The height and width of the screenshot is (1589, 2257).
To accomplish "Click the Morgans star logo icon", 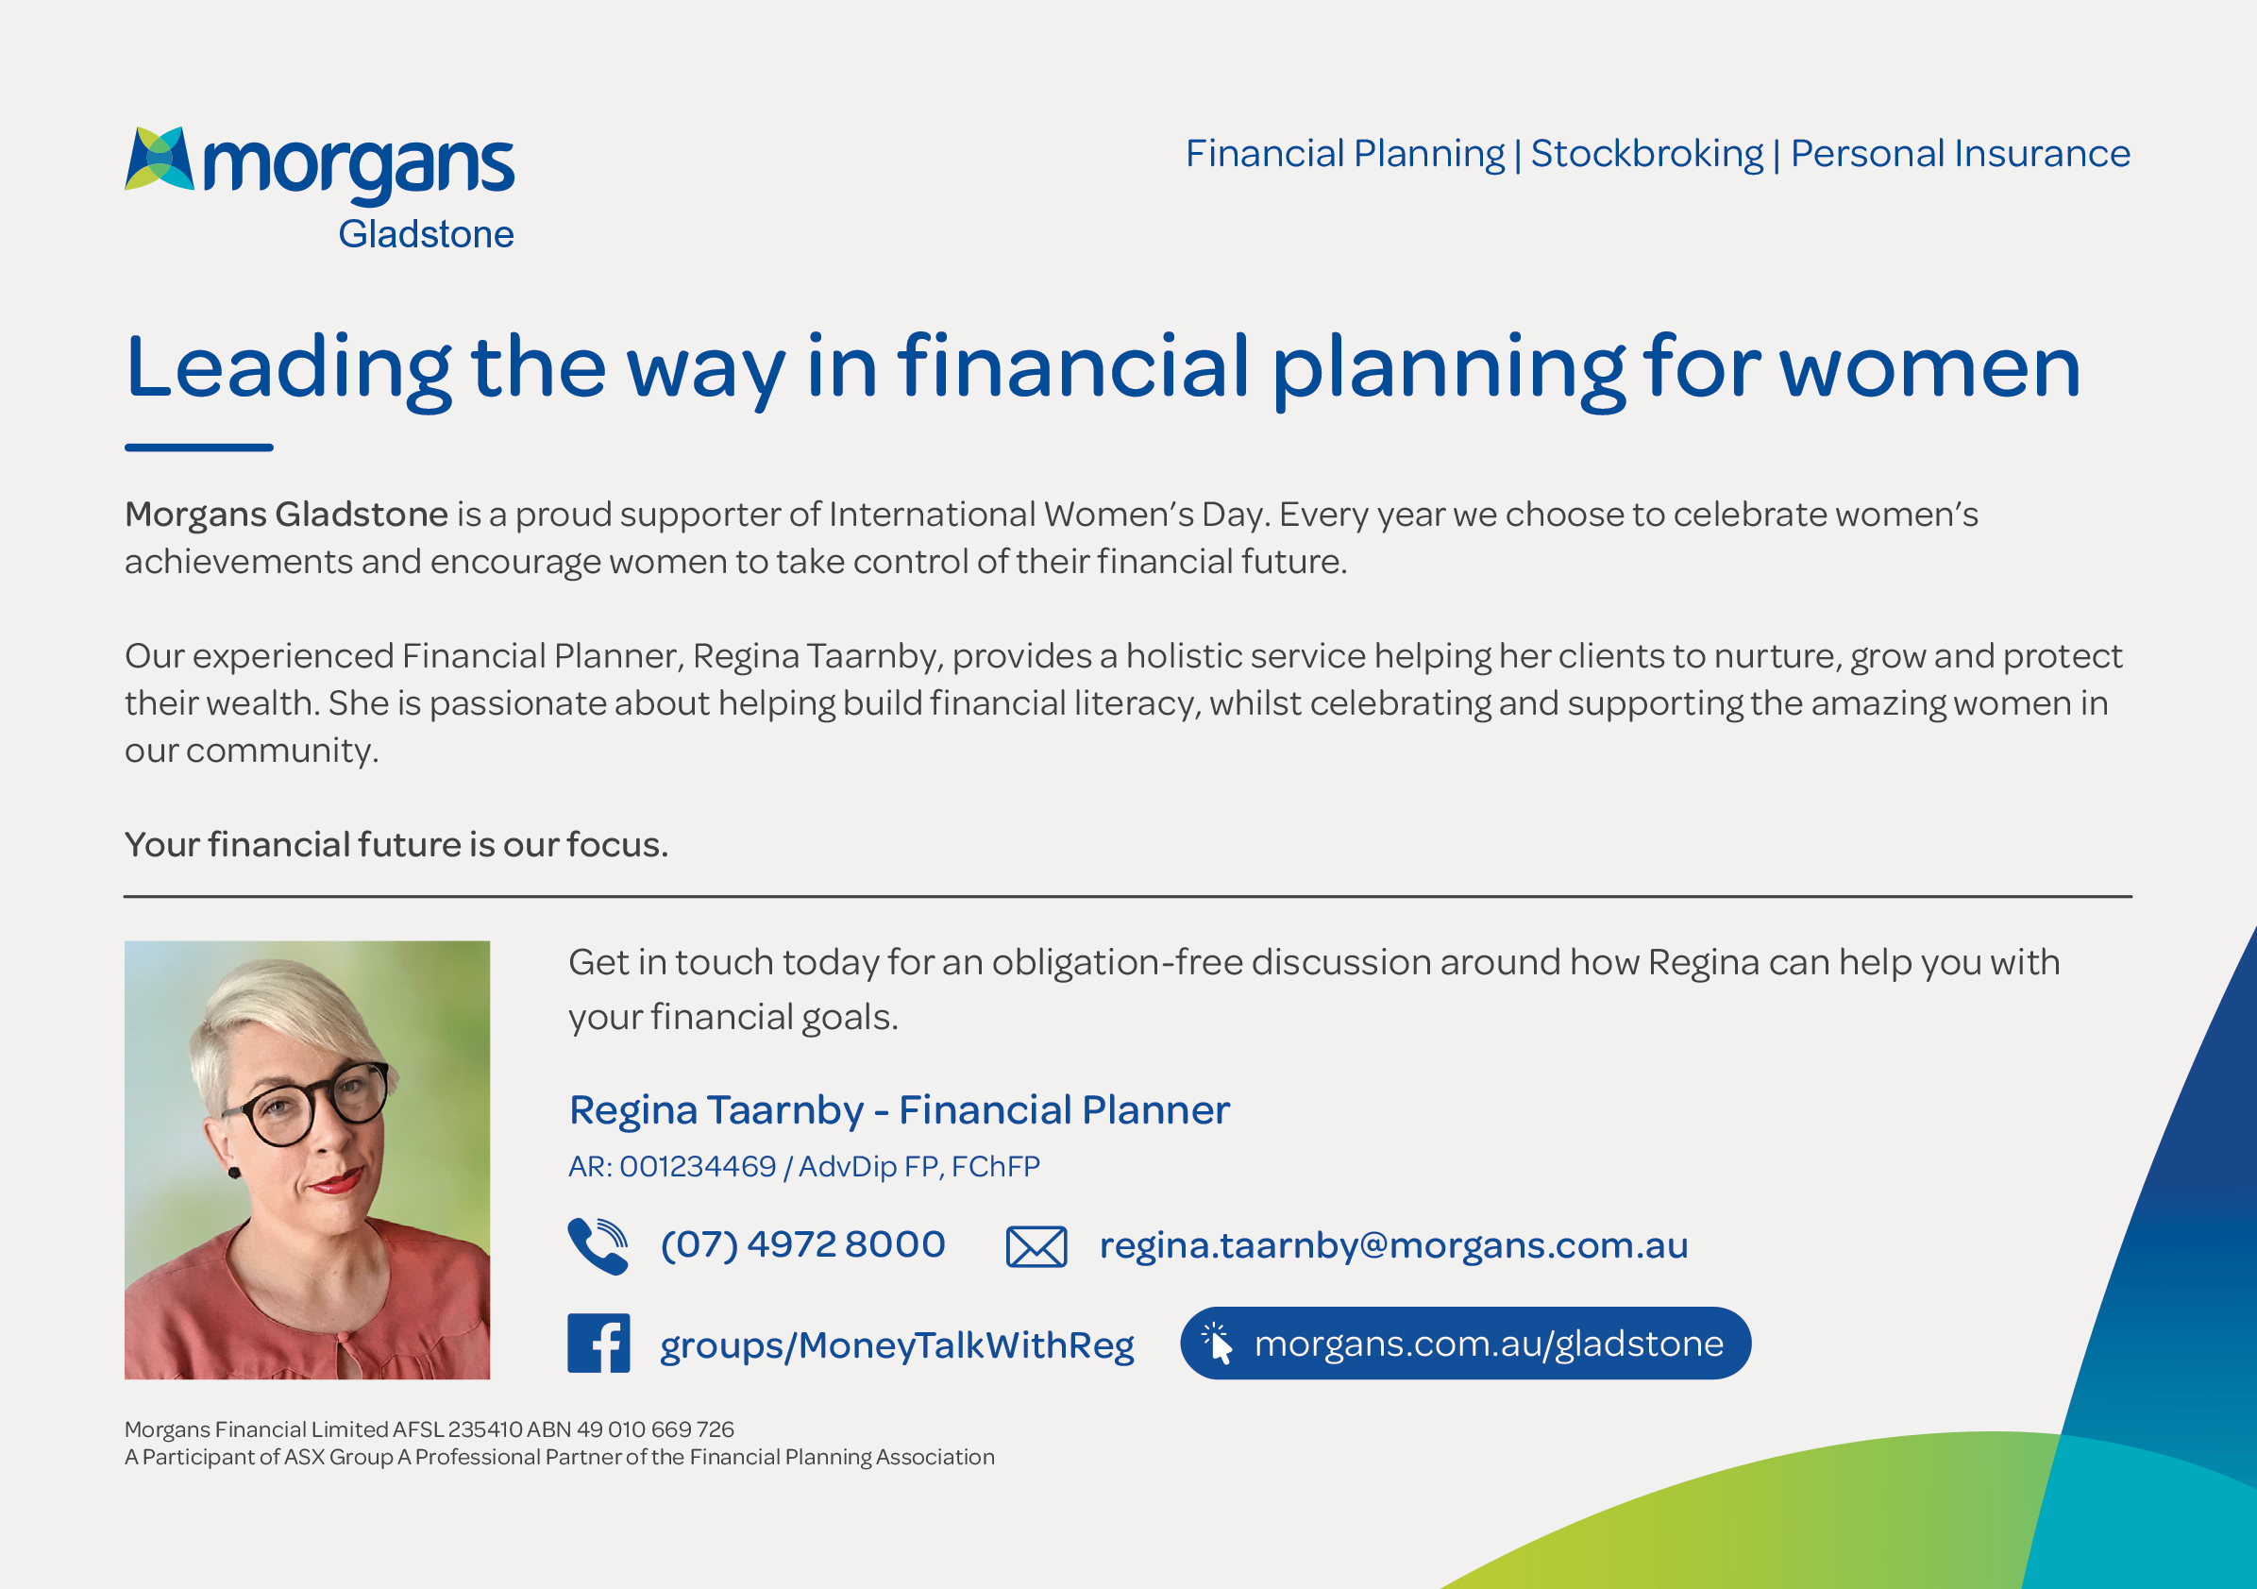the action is click(160, 159).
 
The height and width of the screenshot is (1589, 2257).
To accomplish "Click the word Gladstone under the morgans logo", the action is click(426, 234).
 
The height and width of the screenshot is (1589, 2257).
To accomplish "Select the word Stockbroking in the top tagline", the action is click(1646, 155).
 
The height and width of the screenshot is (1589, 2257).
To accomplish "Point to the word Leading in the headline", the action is click(289, 369).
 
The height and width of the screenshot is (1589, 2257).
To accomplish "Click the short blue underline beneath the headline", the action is click(198, 448).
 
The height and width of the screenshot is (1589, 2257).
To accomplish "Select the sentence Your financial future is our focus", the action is click(396, 845).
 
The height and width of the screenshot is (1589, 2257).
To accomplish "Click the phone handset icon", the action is click(598, 1246).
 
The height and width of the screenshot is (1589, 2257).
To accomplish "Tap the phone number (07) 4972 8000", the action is click(802, 1244).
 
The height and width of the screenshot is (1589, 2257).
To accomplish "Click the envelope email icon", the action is click(1036, 1247).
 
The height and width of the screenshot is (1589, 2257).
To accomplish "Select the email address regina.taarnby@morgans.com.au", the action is click(1393, 1246).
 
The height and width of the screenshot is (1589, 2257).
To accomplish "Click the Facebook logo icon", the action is click(598, 1344).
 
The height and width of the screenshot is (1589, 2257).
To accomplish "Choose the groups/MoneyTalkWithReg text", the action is click(897, 1345).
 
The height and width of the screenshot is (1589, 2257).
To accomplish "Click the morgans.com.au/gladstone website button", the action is click(1465, 1344).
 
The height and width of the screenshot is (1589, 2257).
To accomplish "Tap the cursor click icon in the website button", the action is click(1218, 1344).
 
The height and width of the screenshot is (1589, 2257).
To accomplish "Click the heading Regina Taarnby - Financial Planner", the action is click(899, 1110).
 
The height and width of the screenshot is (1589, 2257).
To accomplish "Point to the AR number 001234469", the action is click(697, 1166).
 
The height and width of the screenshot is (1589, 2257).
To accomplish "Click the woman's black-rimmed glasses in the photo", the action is click(307, 1106).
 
